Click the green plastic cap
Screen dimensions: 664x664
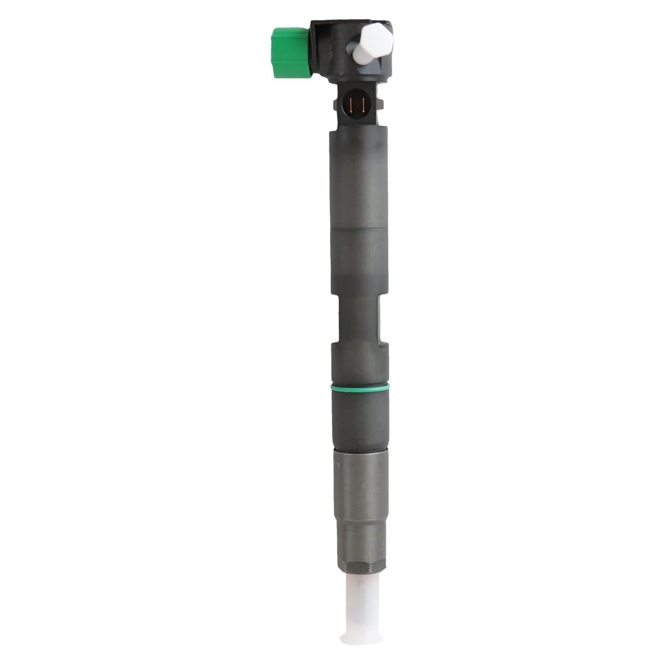click(289, 52)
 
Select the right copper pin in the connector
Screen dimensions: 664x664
click(362, 105)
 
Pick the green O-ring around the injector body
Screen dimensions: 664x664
click(360, 388)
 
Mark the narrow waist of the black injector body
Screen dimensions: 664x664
click(359, 320)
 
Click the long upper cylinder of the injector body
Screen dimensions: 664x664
click(360, 206)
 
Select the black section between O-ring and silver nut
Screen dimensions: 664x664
click(360, 418)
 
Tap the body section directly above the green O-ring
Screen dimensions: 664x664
click(360, 366)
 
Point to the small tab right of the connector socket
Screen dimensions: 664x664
click(380, 102)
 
